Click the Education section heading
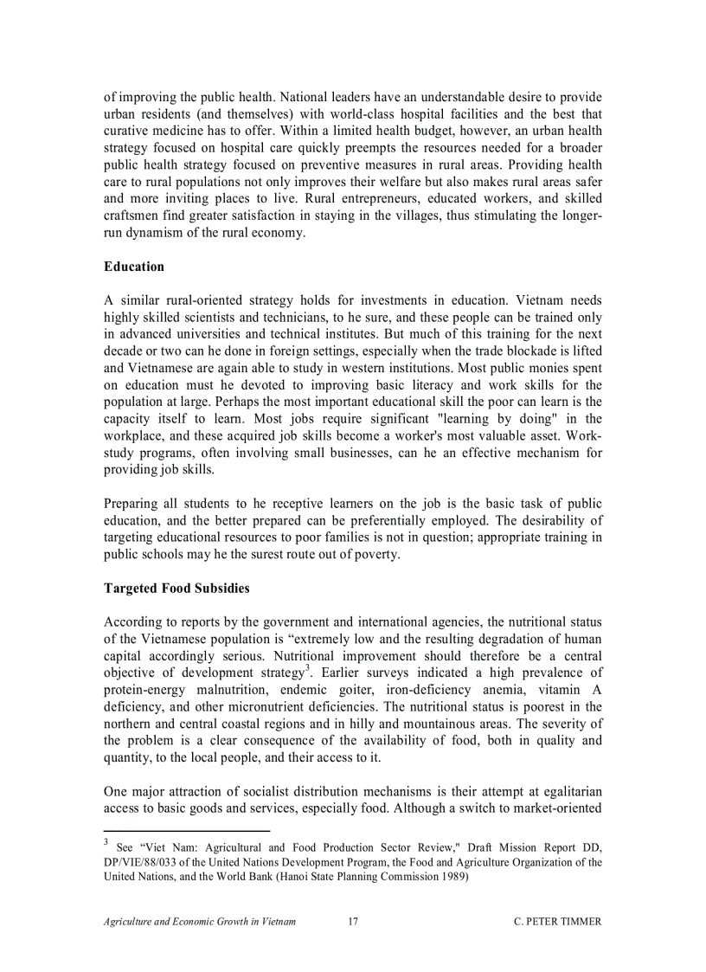(x=133, y=267)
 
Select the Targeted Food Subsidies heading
(x=176, y=589)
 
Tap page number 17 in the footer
(x=353, y=922)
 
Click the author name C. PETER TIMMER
(x=557, y=922)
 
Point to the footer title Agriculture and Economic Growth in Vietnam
(x=200, y=922)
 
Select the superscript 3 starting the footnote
(x=106, y=842)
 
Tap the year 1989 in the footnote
(x=451, y=877)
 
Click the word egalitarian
(x=563, y=792)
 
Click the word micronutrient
(x=252, y=707)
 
